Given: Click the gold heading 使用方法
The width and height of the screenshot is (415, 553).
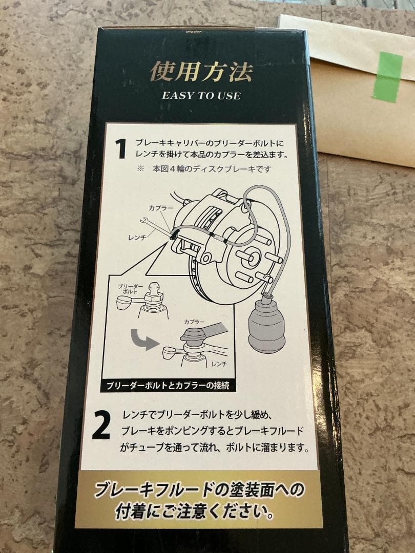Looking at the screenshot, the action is [x=201, y=72].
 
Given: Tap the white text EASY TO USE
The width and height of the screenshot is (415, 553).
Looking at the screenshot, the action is [x=201, y=96].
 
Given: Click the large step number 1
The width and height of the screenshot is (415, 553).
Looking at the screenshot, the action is [x=121, y=148].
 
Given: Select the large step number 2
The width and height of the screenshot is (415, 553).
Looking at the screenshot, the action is [x=101, y=425].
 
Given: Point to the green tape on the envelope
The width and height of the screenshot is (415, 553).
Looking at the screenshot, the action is [x=388, y=77].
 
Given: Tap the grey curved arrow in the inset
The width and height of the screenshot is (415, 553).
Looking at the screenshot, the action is [x=144, y=339].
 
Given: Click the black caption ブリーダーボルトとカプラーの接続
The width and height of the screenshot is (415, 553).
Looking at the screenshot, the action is [x=168, y=386].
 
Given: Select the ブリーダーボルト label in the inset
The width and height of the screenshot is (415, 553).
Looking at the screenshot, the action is [x=131, y=289].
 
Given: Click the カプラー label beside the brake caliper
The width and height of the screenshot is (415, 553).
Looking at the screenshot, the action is [x=160, y=208].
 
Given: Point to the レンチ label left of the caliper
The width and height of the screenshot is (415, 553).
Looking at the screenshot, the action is [x=137, y=238].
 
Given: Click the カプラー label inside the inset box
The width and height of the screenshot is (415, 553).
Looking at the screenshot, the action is [x=194, y=322].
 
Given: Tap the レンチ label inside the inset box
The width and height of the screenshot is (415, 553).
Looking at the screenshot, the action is [x=219, y=364].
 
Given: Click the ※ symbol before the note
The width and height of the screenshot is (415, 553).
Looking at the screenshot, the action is [x=140, y=168].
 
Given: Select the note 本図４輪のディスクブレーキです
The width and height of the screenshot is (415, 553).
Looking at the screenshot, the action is [x=212, y=169].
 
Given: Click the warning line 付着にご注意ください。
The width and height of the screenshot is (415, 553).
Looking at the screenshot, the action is [x=195, y=512].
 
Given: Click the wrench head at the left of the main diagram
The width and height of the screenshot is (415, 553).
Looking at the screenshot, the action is [x=144, y=221].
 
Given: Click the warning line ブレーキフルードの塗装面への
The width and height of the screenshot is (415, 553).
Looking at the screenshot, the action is [x=199, y=490].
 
